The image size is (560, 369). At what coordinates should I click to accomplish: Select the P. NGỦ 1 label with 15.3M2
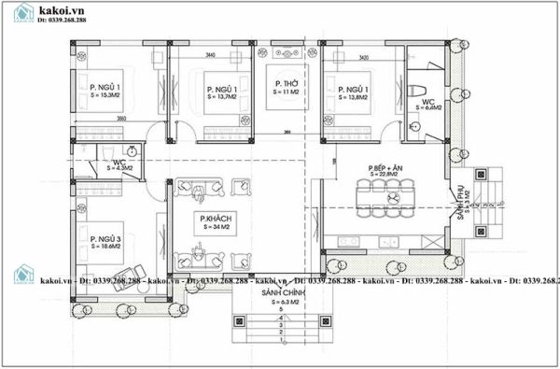pos(105,91)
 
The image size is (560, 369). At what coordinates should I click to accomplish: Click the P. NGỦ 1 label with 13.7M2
pos(221,92)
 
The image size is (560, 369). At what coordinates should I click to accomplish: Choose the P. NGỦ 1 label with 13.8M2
pos(360,92)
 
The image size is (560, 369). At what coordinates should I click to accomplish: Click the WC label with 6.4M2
pos(428,104)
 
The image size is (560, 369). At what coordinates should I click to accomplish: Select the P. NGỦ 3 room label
pos(106,244)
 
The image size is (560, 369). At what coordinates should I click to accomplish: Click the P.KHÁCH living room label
pos(214,220)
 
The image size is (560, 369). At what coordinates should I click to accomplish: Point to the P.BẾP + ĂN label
pos(384,171)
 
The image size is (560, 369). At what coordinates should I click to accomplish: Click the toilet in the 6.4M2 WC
pos(413,91)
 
